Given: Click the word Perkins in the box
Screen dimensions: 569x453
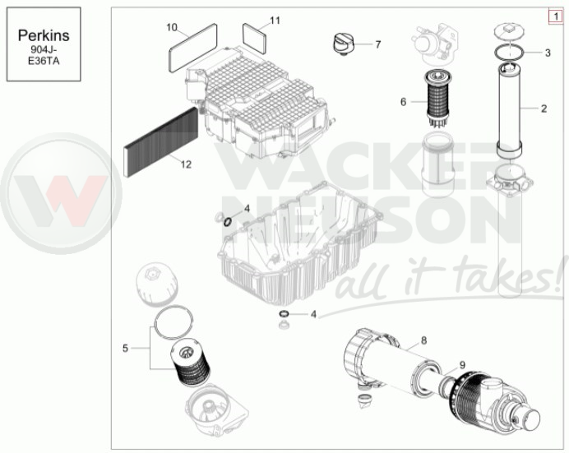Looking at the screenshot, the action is coord(44,35).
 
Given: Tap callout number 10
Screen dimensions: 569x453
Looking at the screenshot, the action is coord(172,27).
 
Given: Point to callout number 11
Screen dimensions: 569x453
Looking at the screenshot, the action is coord(275,21).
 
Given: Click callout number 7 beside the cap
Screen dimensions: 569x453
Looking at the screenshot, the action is coord(378,44).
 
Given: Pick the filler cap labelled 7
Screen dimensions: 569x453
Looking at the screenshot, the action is coord(343,44).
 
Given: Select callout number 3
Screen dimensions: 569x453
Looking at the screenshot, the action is coord(548,53).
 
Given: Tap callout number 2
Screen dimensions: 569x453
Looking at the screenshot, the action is coord(544,109).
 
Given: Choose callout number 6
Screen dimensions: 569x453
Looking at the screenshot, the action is coord(404,102).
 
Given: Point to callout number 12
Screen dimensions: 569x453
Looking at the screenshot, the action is coord(186,164).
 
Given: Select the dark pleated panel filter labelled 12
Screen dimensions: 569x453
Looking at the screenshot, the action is coord(161,142).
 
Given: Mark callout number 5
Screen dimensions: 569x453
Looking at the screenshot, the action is coord(125,349).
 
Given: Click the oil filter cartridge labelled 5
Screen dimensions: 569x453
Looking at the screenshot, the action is coord(190,363).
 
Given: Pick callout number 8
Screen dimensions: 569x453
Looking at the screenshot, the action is coord(423,340).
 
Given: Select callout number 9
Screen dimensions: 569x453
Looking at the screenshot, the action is coord(462,365).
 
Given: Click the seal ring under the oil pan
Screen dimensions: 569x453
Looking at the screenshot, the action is coord(284,314).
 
